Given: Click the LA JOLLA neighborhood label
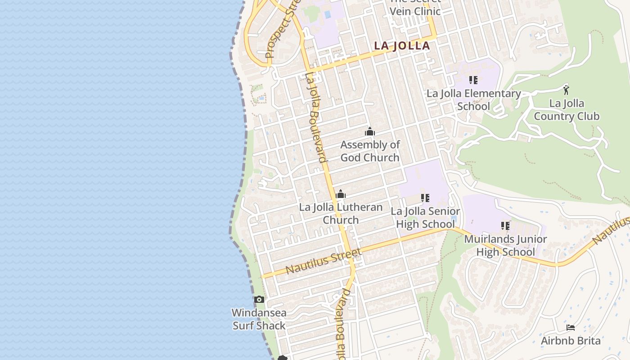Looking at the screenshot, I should click(x=402, y=46).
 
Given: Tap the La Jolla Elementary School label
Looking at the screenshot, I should click(x=473, y=100).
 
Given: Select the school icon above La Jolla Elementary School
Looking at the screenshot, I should click(x=473, y=80).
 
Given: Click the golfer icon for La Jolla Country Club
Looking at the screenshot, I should click(x=566, y=89).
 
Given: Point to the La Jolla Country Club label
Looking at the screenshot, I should click(x=567, y=110).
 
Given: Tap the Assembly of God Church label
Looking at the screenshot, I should click(x=370, y=151).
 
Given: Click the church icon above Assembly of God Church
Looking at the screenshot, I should click(x=370, y=132).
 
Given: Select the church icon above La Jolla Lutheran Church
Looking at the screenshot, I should click(x=341, y=194).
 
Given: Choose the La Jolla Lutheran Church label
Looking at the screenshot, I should click(x=341, y=214).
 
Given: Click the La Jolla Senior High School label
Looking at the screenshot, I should click(x=425, y=218).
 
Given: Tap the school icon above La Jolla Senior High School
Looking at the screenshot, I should click(x=425, y=198).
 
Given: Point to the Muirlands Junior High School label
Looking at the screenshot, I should click(x=505, y=245).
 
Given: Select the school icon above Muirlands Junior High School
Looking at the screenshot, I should click(x=505, y=225).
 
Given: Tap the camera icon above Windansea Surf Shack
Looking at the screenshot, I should click(x=259, y=299).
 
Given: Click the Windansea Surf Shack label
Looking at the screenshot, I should click(x=259, y=319).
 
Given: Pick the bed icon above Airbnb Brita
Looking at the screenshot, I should click(x=571, y=328).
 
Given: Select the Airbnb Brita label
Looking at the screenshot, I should click(x=571, y=341).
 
